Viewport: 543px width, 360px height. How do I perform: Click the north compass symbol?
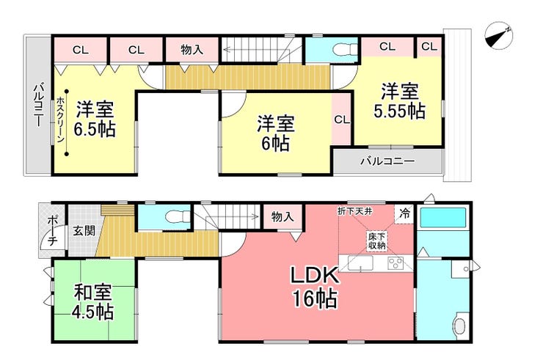click(x=499, y=36)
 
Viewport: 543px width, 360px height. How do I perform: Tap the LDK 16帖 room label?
click(x=315, y=287)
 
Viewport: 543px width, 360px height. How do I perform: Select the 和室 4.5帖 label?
click(x=92, y=302)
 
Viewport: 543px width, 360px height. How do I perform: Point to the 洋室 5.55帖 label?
click(x=400, y=101)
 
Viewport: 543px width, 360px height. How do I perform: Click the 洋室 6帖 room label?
click(x=275, y=134)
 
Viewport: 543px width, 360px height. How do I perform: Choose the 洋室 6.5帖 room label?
click(x=95, y=120)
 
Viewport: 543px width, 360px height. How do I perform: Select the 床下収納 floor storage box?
click(x=376, y=242)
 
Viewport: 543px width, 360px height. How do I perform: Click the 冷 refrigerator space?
click(x=404, y=214)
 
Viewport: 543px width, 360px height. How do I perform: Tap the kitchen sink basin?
click(x=360, y=263)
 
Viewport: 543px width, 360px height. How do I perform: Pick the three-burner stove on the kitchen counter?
click(x=396, y=263)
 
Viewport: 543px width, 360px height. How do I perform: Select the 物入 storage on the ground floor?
click(x=283, y=217)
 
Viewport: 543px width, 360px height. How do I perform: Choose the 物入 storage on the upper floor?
click(x=192, y=50)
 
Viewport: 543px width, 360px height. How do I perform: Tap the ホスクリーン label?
click(x=60, y=120)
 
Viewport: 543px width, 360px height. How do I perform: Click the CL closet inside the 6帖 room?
click(x=342, y=120)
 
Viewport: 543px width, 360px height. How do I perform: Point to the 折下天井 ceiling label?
click(x=355, y=211)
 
